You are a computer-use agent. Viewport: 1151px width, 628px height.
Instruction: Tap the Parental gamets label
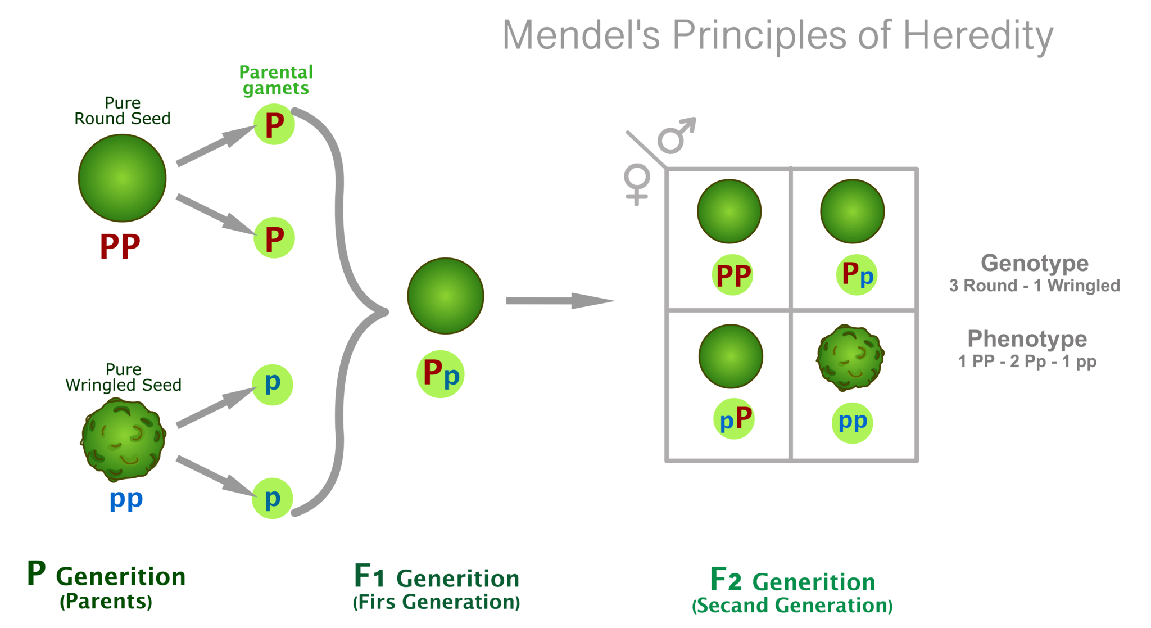point(276,80)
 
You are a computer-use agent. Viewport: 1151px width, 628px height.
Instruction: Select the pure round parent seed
point(122,178)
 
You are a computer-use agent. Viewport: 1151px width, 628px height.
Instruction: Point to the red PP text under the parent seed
point(120,247)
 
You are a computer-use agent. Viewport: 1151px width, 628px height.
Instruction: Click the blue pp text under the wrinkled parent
point(126,499)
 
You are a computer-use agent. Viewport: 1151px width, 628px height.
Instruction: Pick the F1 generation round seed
point(445,296)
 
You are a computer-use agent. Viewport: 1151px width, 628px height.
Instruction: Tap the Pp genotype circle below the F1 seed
point(441,374)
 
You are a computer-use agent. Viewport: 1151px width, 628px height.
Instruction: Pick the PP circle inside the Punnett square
point(733,275)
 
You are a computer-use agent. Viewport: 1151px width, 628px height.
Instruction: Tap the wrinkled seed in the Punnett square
point(850,358)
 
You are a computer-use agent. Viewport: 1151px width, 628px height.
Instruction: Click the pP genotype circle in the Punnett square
point(735,419)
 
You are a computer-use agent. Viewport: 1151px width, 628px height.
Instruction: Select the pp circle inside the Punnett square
point(852,423)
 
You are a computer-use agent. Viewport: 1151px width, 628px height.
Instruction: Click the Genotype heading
point(1034,263)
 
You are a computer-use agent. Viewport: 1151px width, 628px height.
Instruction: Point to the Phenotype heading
point(1027,339)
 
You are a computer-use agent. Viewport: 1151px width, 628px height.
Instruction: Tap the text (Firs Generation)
point(436,602)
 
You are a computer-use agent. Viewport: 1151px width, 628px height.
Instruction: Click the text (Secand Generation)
point(792,606)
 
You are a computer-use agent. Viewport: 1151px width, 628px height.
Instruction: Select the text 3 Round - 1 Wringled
point(1034,286)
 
